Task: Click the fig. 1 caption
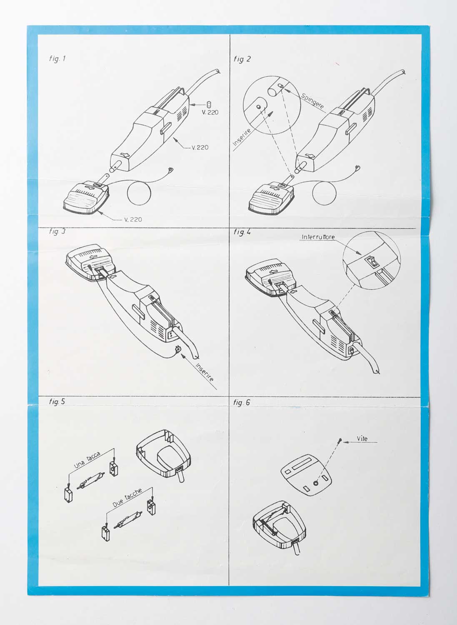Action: click(57, 59)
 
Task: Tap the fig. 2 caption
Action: click(242, 59)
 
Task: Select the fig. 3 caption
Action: click(57, 232)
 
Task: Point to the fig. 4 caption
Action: click(242, 232)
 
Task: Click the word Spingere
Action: click(312, 101)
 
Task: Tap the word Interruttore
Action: click(318, 237)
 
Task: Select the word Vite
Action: click(362, 439)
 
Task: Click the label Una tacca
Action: click(87, 460)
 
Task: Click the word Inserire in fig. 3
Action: click(205, 372)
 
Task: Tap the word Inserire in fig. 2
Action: click(242, 137)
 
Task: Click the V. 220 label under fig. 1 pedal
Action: click(133, 220)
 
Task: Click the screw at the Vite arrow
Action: click(340, 440)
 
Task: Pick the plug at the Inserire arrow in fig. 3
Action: click(177, 349)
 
